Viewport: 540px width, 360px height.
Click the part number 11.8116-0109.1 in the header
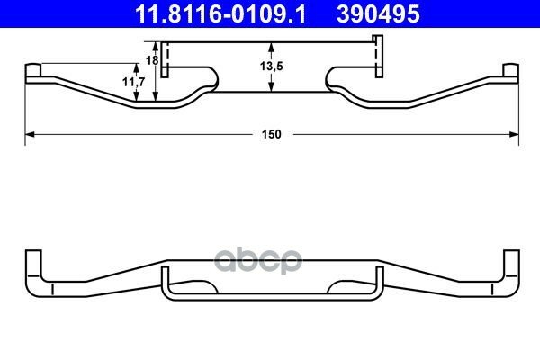pyautogui.click(x=220, y=14)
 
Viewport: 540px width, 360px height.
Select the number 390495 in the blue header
pyautogui.click(x=378, y=14)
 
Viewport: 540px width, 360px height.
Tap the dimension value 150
pyautogui.click(x=272, y=134)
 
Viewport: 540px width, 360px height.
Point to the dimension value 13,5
pyautogui.click(x=272, y=66)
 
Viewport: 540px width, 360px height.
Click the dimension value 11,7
pyautogui.click(x=134, y=82)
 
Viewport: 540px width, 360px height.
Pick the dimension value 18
pyautogui.click(x=152, y=60)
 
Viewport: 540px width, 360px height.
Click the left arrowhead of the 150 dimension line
pyautogui.click(x=30, y=134)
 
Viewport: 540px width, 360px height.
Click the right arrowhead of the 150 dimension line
pyautogui.click(x=514, y=134)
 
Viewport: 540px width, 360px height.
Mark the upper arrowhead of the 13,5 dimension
pyautogui.click(x=272, y=47)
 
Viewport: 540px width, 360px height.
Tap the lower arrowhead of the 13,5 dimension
pyautogui.click(x=272, y=86)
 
